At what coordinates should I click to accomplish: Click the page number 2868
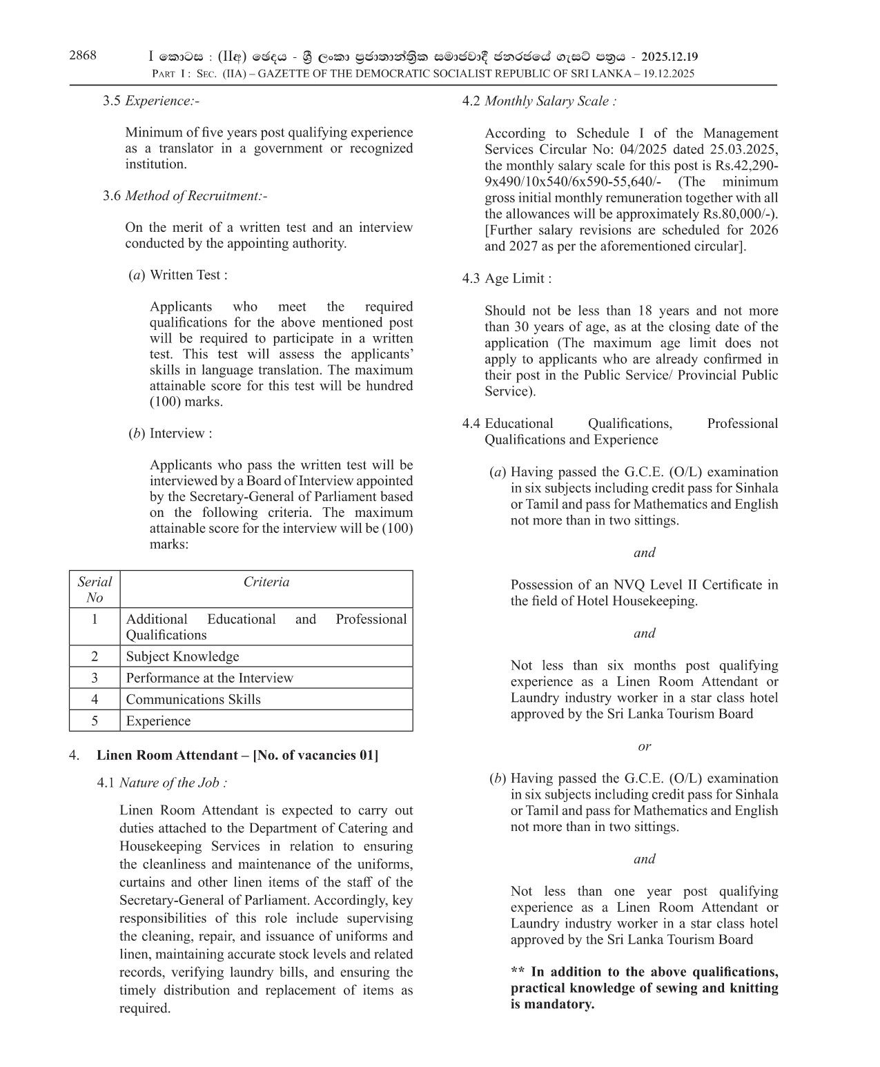click(83, 56)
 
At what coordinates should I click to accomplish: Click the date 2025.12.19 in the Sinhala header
click(669, 57)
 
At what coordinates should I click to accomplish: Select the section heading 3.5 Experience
click(150, 101)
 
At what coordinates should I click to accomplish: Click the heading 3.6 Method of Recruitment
click(184, 196)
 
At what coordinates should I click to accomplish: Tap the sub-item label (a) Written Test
click(178, 275)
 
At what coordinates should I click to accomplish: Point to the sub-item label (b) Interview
click(170, 433)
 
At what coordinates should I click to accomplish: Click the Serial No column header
click(95, 589)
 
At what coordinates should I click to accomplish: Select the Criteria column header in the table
click(266, 582)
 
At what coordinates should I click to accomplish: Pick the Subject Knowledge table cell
click(182, 656)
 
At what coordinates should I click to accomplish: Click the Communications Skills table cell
click(193, 699)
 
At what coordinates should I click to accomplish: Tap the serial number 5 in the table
click(95, 721)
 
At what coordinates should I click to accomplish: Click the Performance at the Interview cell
click(209, 678)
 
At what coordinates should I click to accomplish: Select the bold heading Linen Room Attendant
click(237, 755)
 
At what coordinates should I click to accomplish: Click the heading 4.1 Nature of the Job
click(162, 783)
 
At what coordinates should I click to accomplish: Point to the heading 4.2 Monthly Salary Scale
click(539, 101)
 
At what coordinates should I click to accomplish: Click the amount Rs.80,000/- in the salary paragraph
click(738, 214)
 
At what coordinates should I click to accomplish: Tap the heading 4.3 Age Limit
click(507, 279)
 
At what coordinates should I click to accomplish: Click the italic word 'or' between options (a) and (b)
click(644, 746)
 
